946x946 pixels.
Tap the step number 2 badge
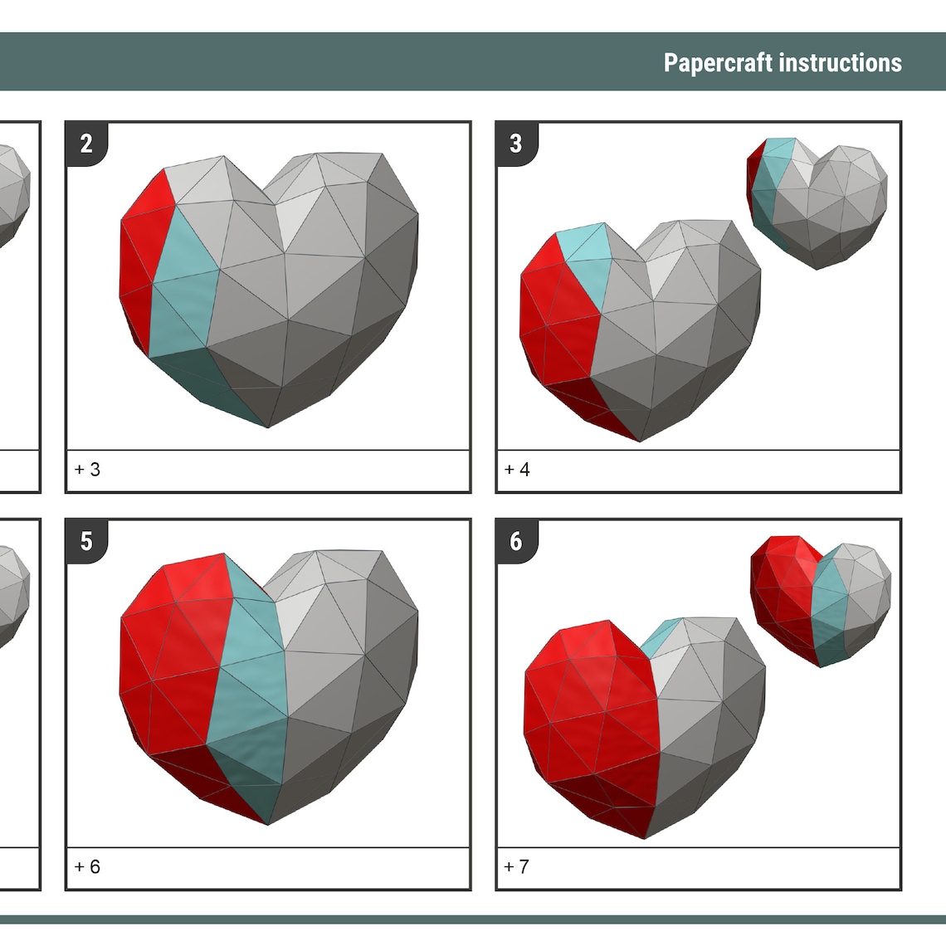click(x=86, y=144)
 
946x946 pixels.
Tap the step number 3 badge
click(x=516, y=144)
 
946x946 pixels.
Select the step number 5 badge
click(x=86, y=541)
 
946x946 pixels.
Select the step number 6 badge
click(x=516, y=541)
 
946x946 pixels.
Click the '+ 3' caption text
click(x=87, y=470)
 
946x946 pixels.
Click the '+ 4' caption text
click(x=517, y=470)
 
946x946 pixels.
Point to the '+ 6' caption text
click(x=87, y=867)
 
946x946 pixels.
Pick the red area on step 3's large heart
click(x=556, y=315)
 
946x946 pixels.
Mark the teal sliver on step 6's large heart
click(x=658, y=636)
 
